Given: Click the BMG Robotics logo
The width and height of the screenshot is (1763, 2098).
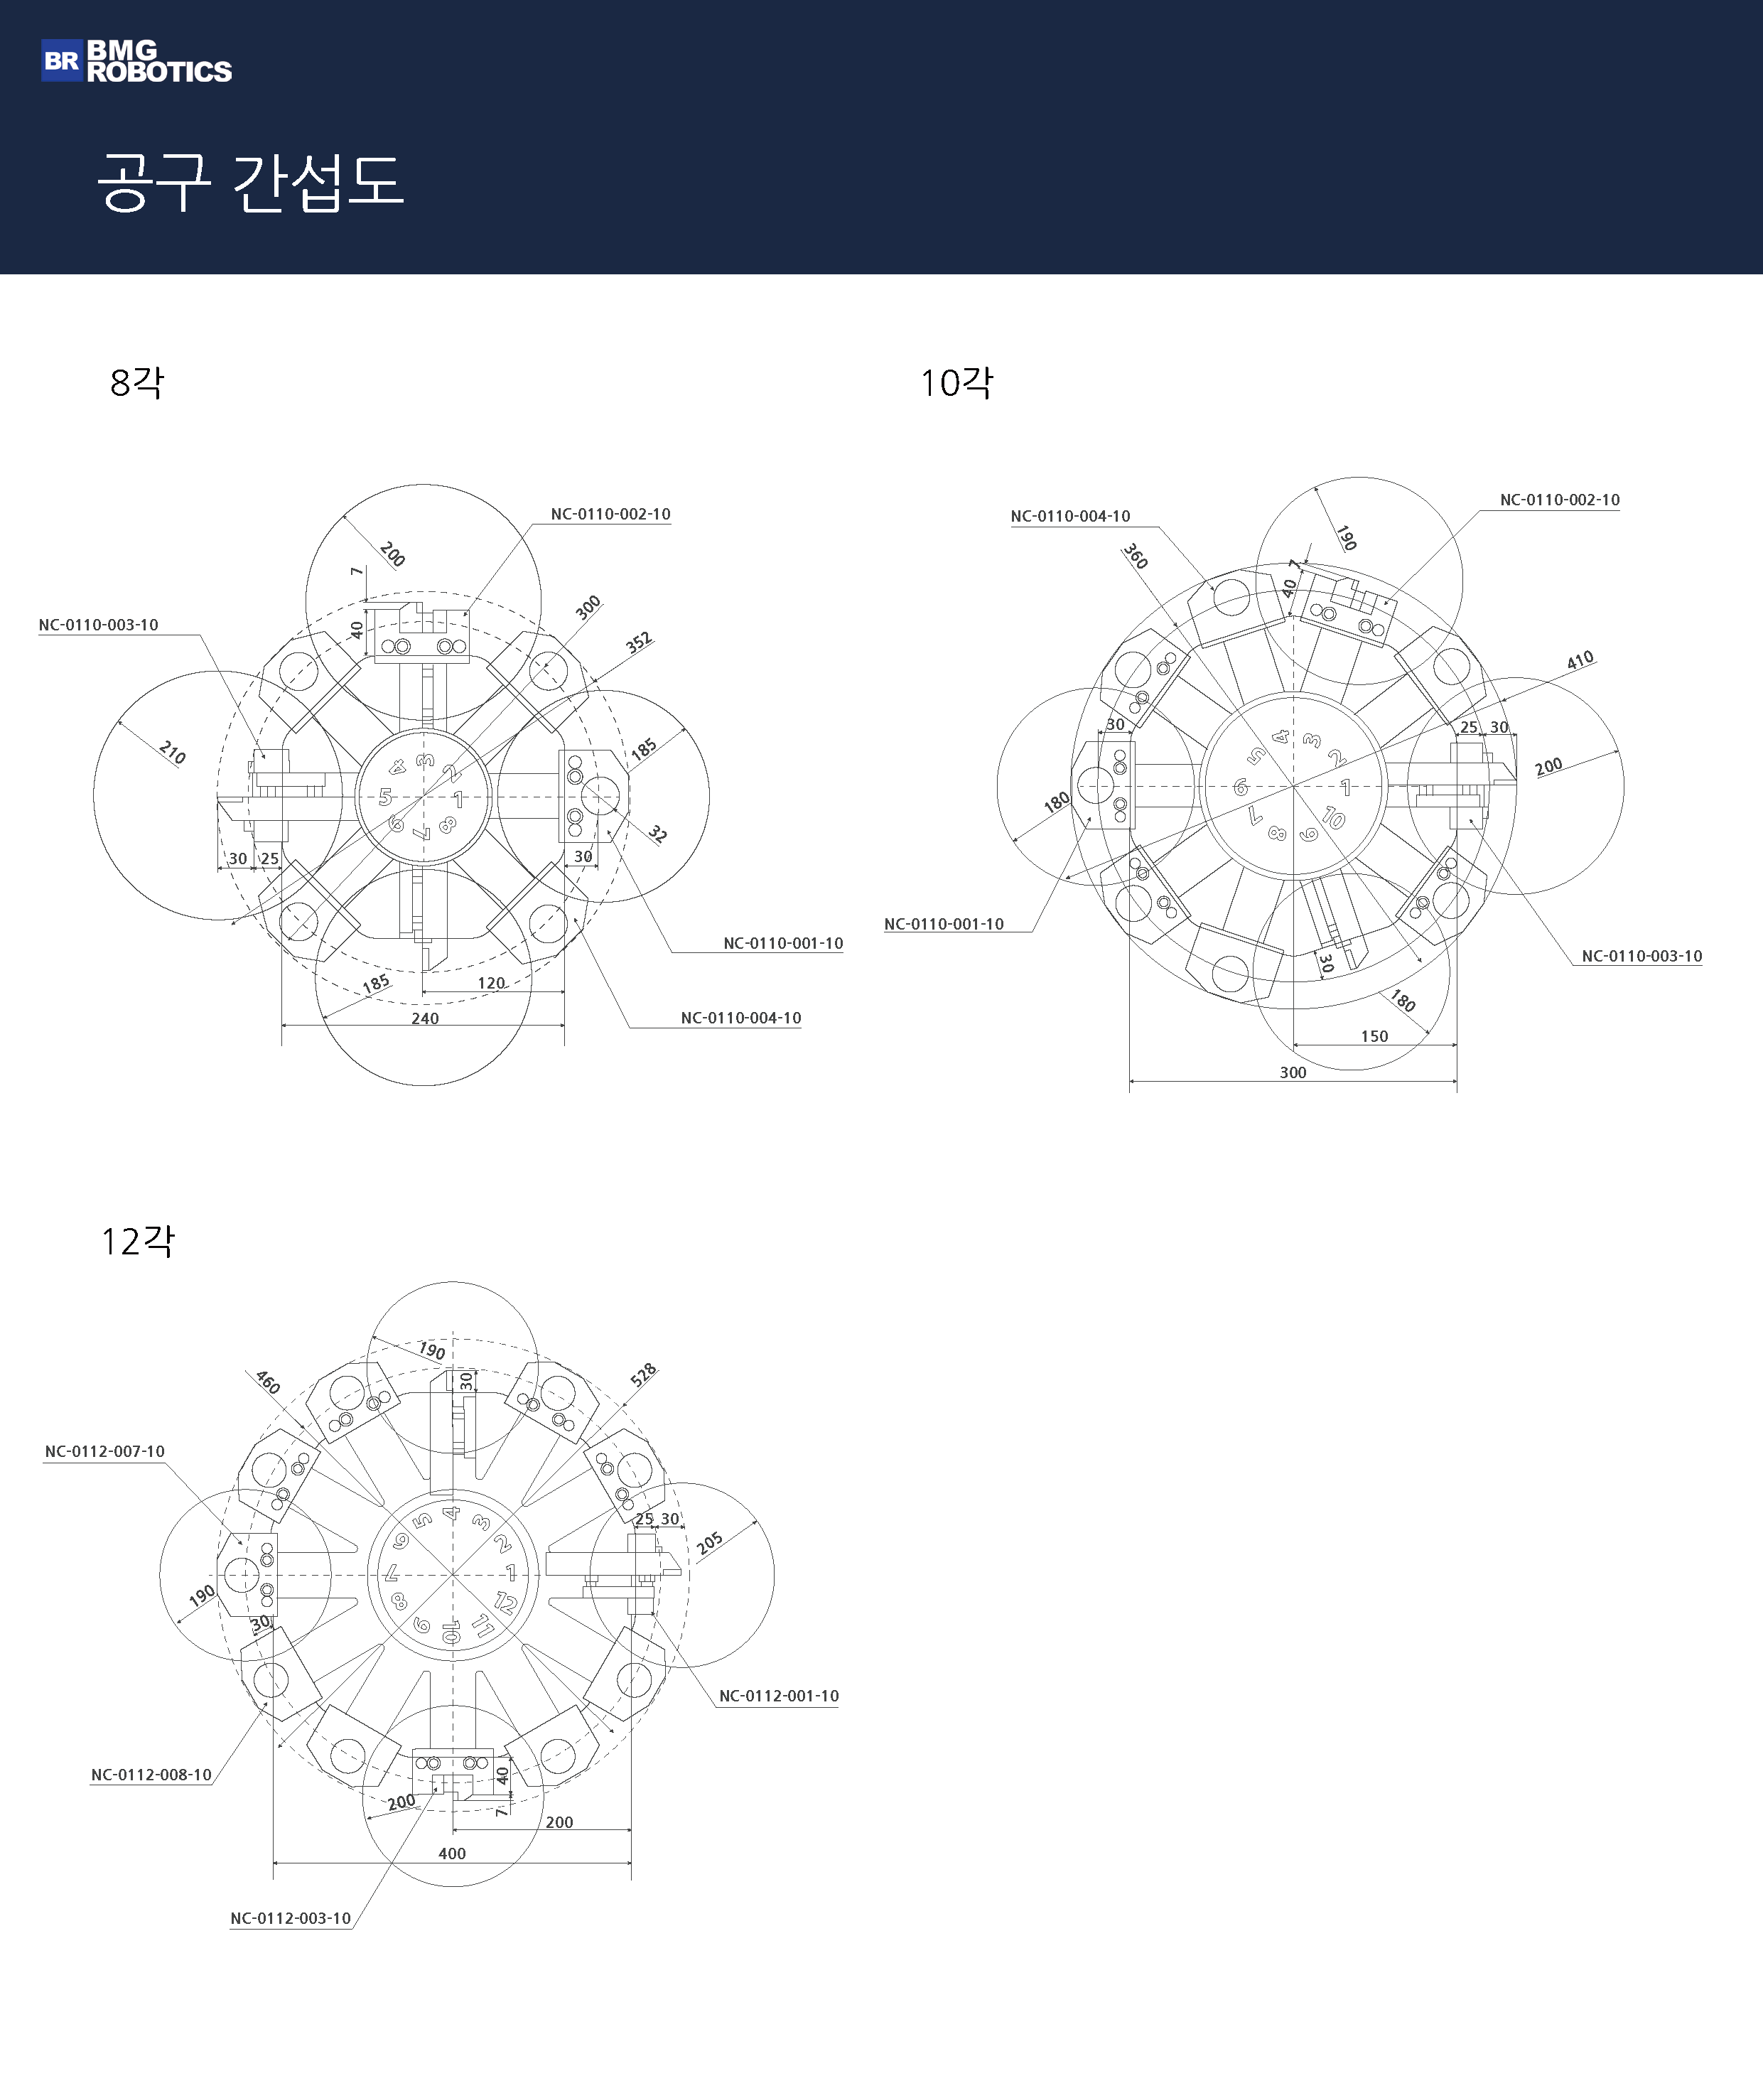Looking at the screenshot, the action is click(x=136, y=61).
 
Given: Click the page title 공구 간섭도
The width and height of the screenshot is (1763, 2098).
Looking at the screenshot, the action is click(x=250, y=182).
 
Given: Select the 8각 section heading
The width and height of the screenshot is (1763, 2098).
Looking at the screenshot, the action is click(x=137, y=382).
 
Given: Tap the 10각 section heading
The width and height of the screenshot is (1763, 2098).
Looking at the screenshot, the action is click(x=956, y=382).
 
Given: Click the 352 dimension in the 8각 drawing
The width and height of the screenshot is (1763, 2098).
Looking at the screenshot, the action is click(x=639, y=642).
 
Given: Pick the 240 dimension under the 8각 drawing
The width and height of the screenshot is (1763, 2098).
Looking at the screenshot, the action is click(x=425, y=1018).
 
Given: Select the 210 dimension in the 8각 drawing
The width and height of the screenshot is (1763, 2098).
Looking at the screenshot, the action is click(x=173, y=753).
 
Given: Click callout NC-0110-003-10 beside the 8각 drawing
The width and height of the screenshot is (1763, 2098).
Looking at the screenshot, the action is click(x=98, y=625).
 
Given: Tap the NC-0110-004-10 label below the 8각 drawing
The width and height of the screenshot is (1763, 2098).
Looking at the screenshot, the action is click(x=740, y=1018).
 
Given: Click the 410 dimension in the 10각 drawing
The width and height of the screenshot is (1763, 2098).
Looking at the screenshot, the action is click(x=1580, y=661).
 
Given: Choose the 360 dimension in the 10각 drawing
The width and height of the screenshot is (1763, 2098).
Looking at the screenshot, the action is click(x=1136, y=556).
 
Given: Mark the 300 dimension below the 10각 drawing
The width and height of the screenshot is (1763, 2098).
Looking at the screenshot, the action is click(x=1293, y=1072).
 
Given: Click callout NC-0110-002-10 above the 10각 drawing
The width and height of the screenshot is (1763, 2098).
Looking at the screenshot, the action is click(x=1559, y=500).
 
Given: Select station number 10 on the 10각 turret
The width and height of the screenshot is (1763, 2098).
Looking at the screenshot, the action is click(x=1333, y=817).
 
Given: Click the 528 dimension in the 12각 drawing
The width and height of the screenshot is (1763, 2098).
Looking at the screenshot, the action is click(x=644, y=1375).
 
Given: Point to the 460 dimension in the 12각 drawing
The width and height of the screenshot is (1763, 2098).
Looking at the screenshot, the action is click(x=268, y=1382).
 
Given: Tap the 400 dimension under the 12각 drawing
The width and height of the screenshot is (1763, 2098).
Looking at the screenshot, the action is click(x=452, y=1853).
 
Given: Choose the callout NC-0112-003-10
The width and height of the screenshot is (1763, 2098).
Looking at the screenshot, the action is click(x=291, y=1918).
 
